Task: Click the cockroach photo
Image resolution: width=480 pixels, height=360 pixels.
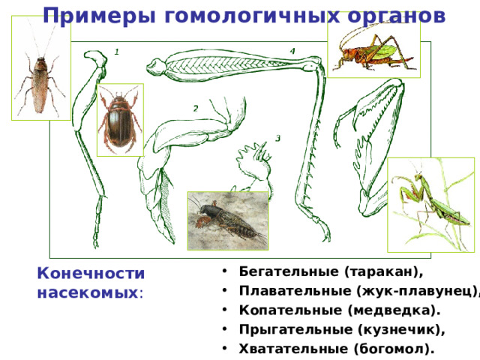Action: point(41,70)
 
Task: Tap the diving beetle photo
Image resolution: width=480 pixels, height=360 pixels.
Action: point(120,119)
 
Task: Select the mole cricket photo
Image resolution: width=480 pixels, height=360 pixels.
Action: point(227,220)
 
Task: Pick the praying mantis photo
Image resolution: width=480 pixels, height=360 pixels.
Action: point(430,204)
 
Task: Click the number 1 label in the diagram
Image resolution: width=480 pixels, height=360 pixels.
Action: point(118,52)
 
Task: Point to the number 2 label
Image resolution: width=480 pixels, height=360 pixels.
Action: point(195,109)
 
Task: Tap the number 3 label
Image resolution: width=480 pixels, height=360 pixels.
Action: point(277,139)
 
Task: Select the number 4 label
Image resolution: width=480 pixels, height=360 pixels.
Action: point(292,50)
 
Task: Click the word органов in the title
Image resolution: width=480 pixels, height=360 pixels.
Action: point(391,15)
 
